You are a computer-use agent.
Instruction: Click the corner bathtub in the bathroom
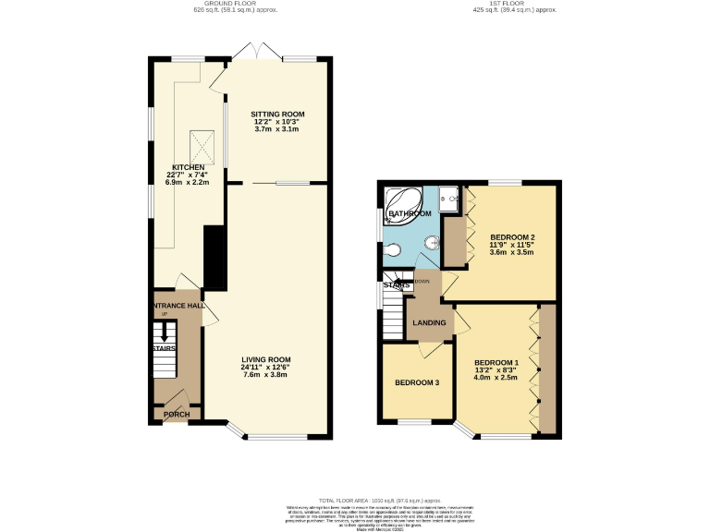pos(404,201)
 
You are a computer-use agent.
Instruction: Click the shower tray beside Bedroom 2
pos(450,198)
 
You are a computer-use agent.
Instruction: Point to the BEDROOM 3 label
pos(416,383)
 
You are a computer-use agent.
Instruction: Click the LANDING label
pos(430,322)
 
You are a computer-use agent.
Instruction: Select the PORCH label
pos(177,414)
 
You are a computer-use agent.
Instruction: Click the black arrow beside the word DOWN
pos(408,282)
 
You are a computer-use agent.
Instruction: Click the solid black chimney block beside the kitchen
pos(214,259)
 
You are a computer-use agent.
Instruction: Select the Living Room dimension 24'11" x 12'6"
pos(267,368)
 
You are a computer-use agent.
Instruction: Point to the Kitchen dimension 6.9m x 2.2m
pos(181,182)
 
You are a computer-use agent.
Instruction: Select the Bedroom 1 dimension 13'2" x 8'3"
pos(496,369)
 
